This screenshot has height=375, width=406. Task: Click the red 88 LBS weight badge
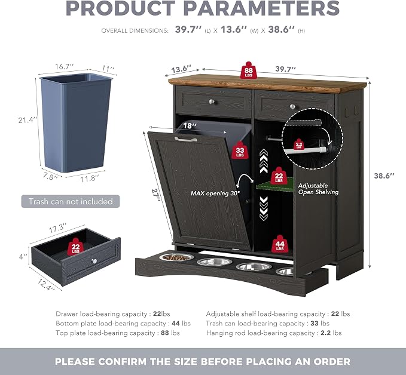coord(248,70)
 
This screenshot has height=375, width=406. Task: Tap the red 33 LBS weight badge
coord(240,150)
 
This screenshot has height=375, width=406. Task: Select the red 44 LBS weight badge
coord(280,244)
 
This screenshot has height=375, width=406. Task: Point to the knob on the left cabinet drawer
coord(212,102)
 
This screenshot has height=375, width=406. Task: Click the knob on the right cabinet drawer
coord(292,106)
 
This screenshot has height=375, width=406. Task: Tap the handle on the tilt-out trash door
coord(185,139)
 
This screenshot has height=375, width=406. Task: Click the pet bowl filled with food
coord(176,257)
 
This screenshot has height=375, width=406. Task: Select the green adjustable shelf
coord(275,185)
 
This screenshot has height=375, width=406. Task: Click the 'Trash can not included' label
coord(71,201)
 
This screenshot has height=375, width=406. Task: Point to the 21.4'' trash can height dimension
coord(28,120)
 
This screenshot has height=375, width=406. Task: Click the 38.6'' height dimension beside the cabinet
coord(384,176)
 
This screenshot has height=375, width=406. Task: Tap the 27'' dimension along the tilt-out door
coord(155,195)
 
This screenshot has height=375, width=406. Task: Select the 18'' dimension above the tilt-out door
coord(190,126)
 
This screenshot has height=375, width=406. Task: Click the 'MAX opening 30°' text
coord(215,193)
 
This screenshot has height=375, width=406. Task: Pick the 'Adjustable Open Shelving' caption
coord(318,189)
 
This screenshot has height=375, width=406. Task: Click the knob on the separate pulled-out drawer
coord(94,261)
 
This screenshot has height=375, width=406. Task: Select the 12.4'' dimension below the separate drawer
coord(46,285)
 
